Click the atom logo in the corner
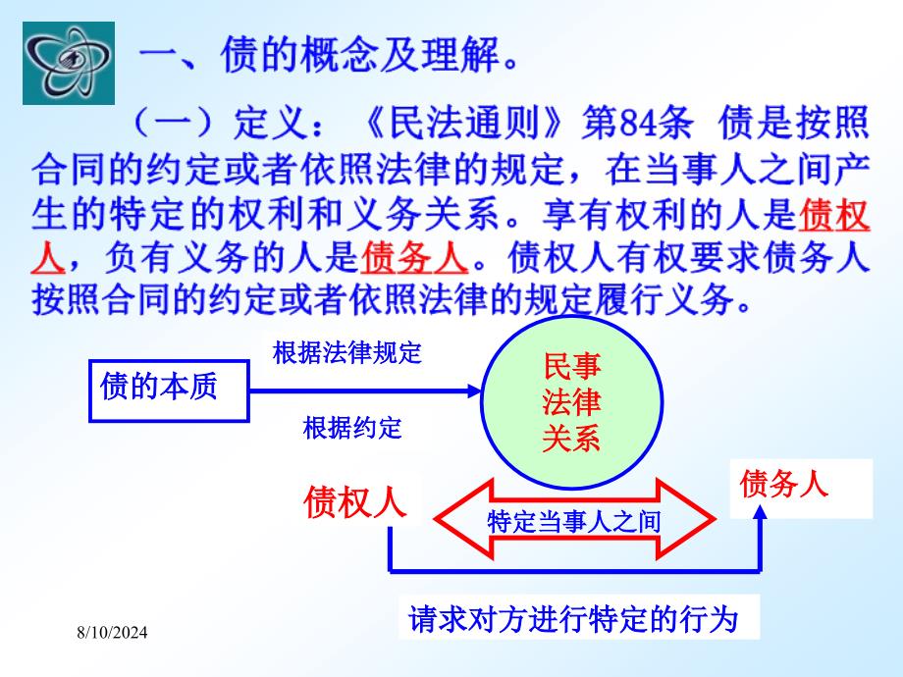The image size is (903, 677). (69, 64)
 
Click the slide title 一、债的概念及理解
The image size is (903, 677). (329, 56)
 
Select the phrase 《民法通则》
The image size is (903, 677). (464, 123)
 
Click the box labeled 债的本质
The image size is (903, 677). (169, 391)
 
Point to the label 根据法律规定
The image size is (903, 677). (347, 352)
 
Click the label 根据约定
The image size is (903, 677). (352, 428)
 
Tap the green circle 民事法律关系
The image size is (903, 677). (572, 402)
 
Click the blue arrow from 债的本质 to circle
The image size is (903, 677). (364, 391)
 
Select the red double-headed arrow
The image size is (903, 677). (574, 519)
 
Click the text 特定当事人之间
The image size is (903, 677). (573, 522)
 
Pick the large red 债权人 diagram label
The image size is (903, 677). (355, 502)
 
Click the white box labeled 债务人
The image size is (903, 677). (801, 489)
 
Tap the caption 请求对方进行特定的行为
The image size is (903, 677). (573, 619)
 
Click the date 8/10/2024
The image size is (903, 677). (112, 633)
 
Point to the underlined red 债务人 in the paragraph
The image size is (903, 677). (414, 257)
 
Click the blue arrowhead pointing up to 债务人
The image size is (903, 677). (761, 512)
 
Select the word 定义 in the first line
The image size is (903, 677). (270, 123)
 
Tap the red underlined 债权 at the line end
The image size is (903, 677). (834, 215)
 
